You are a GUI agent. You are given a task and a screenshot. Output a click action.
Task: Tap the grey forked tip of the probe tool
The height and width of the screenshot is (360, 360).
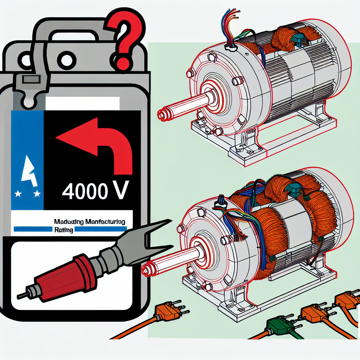point(155,232)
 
